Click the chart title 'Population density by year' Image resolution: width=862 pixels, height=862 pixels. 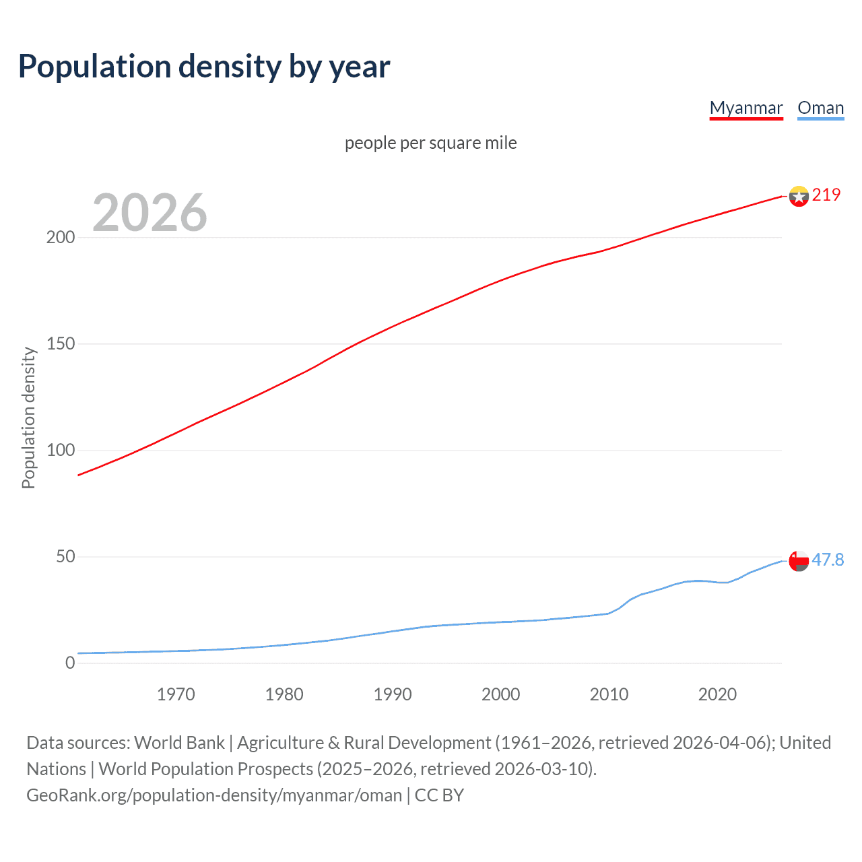click(x=204, y=67)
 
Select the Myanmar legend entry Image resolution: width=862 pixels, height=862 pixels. click(x=746, y=108)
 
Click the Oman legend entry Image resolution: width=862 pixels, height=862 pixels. click(x=820, y=108)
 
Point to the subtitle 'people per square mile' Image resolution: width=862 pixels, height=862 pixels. click(x=430, y=143)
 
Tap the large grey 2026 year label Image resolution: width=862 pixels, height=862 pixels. click(x=150, y=213)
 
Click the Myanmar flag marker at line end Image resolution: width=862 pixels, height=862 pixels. click(x=798, y=196)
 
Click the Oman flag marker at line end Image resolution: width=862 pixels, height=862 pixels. click(x=798, y=560)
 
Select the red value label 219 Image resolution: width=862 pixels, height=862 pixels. click(x=826, y=195)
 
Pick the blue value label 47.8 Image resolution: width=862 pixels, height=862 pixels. click(x=828, y=560)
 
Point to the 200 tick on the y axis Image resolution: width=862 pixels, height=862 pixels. click(x=61, y=238)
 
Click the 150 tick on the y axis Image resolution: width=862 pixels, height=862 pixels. click(x=61, y=344)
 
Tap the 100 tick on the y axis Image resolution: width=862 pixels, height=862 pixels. click(x=61, y=451)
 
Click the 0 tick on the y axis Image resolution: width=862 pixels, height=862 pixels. click(x=70, y=663)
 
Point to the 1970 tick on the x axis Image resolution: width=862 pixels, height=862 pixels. click(x=176, y=694)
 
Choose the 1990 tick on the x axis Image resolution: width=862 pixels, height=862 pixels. click(x=393, y=694)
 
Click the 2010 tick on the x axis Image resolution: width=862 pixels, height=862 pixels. click(x=609, y=694)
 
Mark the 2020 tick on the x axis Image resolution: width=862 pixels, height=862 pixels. click(x=717, y=694)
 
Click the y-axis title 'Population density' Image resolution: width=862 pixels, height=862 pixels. click(x=28, y=418)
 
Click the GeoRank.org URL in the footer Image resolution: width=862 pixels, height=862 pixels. click(x=214, y=795)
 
